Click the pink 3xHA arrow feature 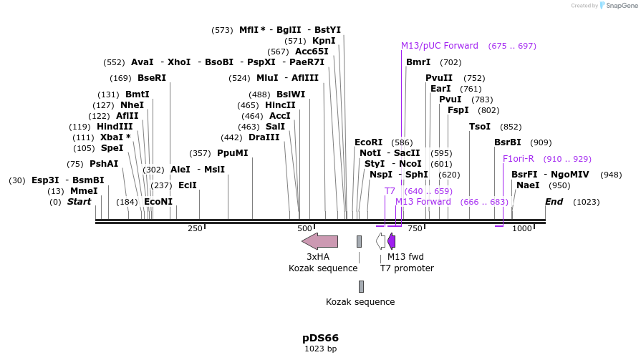(x=319, y=240)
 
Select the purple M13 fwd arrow (x=392, y=240)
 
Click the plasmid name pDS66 (x=320, y=338)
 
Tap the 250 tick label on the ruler (x=195, y=228)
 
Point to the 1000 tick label (x=522, y=228)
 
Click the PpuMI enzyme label (x=232, y=153)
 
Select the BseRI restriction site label (x=151, y=78)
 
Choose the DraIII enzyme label (x=264, y=137)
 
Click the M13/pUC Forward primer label (x=440, y=46)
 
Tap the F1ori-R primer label (x=518, y=159)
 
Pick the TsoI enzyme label (x=480, y=127)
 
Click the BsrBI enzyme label (x=508, y=142)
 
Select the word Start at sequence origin (x=79, y=202)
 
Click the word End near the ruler (x=554, y=202)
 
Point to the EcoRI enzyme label (x=369, y=142)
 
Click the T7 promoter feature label (x=407, y=268)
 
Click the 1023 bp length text (x=320, y=349)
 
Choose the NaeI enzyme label (x=528, y=185)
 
